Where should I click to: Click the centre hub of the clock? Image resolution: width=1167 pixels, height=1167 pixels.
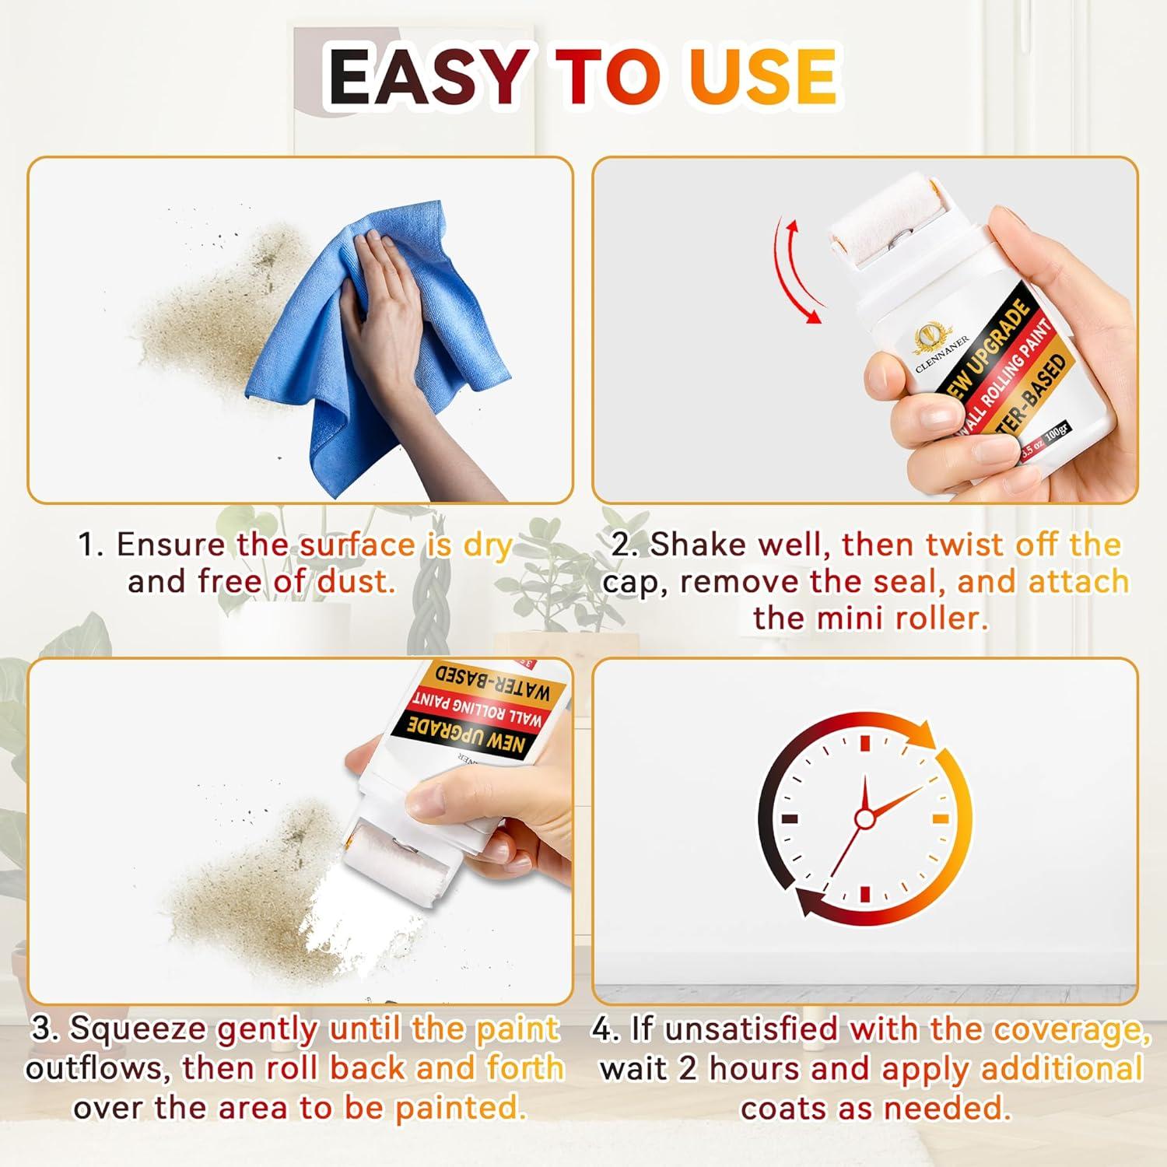(x=864, y=818)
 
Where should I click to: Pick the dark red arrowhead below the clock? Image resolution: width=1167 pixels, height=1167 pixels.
(x=809, y=902)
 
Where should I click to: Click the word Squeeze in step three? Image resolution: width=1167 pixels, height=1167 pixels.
(x=140, y=1029)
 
